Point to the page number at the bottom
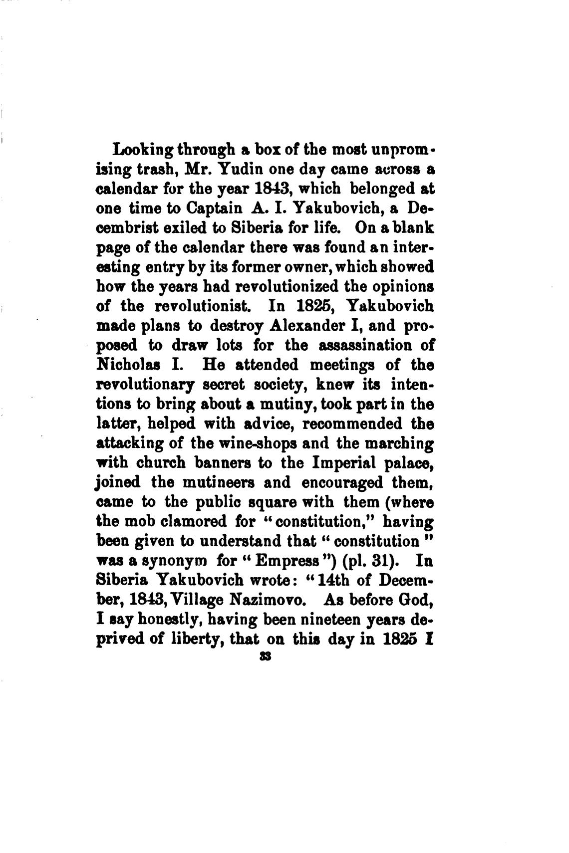click(265, 657)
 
